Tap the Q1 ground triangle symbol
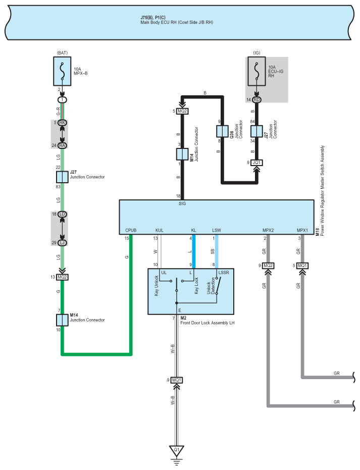click(x=177, y=449)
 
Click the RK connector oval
click(x=62, y=123)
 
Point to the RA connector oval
click(x=62, y=145)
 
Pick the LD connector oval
click(x=62, y=214)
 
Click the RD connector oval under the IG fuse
click(x=257, y=100)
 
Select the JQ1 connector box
click(x=257, y=163)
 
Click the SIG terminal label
click(x=182, y=203)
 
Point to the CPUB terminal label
click(x=131, y=231)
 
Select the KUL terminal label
click(x=160, y=231)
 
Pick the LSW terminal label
click(x=216, y=231)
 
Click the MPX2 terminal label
click(x=268, y=231)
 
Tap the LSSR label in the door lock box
click(x=224, y=273)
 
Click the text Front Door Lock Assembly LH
click(x=208, y=323)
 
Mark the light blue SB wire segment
click(x=217, y=250)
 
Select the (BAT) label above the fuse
click(x=62, y=52)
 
